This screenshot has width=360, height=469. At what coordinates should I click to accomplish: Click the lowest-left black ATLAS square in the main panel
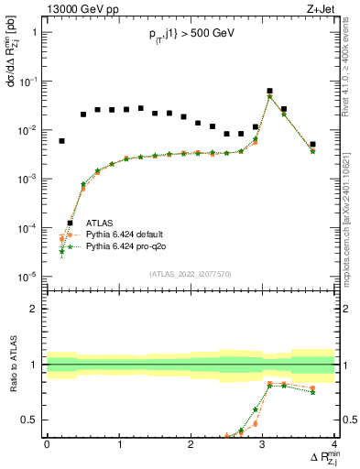click(61, 141)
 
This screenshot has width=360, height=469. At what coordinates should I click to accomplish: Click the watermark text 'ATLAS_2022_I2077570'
click(191, 273)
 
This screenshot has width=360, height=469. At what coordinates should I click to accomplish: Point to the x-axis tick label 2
click(191, 444)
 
